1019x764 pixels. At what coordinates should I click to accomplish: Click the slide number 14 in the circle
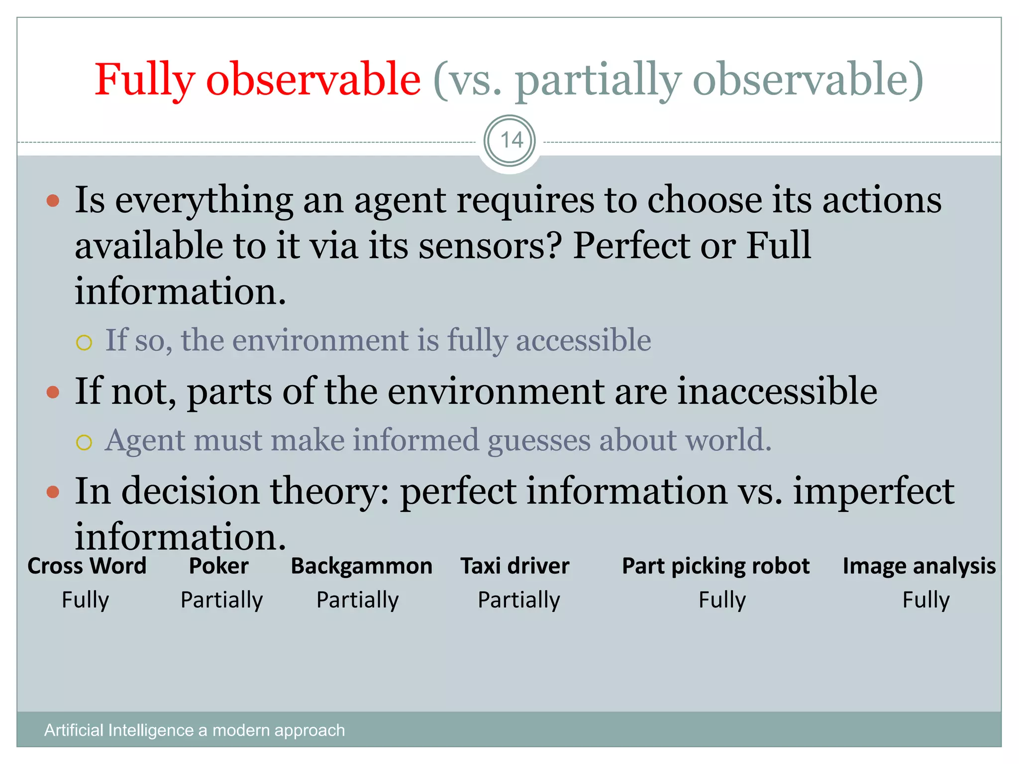(510, 141)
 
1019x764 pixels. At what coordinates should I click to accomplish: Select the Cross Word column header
(87, 566)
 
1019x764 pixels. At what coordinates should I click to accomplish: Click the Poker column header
(219, 566)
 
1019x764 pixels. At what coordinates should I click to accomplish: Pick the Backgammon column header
(361, 566)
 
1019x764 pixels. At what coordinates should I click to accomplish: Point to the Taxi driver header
(515, 566)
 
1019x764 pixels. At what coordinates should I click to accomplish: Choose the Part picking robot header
(715, 566)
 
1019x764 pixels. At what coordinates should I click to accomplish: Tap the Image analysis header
(919, 566)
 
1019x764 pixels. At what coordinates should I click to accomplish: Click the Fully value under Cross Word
(85, 600)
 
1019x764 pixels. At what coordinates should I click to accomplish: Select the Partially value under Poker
(221, 600)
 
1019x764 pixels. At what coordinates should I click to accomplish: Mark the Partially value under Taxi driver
(519, 600)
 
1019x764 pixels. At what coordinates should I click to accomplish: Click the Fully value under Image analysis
(926, 600)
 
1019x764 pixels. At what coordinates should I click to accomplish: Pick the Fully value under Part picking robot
(722, 600)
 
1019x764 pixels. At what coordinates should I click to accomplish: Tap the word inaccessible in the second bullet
(777, 391)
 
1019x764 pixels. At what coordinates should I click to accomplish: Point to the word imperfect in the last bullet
(873, 491)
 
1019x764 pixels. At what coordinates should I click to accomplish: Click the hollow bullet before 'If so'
(84, 342)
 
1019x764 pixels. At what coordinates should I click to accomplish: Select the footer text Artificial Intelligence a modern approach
(195, 730)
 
